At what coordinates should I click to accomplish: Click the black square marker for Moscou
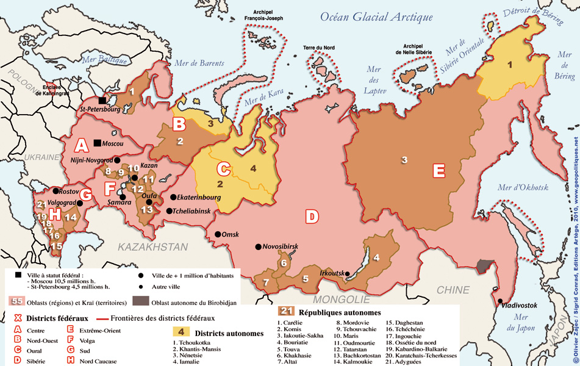coord(98,143)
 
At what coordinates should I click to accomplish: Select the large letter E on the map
coord(439,170)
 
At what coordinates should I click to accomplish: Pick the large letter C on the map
coord(224,168)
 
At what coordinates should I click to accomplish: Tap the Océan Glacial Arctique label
coord(376,17)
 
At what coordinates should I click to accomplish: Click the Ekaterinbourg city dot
coord(173,198)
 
